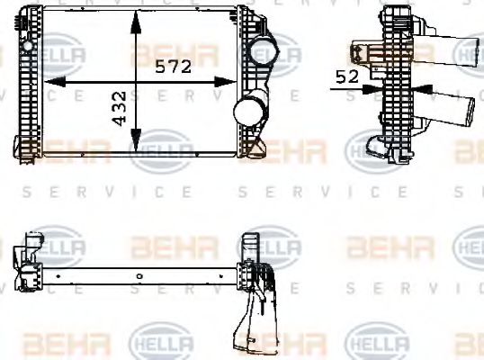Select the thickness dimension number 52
pos(345,77)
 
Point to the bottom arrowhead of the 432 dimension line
pos(135,147)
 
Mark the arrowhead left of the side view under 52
pos(374,88)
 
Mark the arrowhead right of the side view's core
pos(423,88)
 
